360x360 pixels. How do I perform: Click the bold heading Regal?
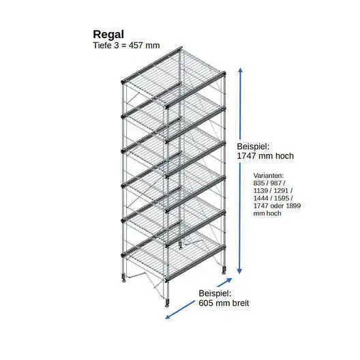(108, 35)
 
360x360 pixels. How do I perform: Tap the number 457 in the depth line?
(135, 45)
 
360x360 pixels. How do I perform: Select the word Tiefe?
(102, 45)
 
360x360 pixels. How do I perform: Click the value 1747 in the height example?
(246, 156)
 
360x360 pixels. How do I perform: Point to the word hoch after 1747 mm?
(285, 156)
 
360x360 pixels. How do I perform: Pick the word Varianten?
(269, 175)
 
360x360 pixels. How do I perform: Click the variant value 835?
(259, 183)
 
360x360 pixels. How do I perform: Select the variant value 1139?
(260, 190)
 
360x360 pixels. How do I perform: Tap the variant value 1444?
(260, 198)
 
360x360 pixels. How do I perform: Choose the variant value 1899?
(294, 205)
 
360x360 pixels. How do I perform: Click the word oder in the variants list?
(277, 205)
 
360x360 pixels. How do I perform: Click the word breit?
(241, 303)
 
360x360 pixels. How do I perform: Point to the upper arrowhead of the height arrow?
(241, 70)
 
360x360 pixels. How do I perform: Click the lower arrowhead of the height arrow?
(239, 271)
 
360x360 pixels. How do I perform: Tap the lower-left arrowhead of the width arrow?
(168, 317)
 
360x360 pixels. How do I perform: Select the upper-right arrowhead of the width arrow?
(229, 280)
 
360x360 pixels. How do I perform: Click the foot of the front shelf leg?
(167, 303)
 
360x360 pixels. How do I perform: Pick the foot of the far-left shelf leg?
(124, 278)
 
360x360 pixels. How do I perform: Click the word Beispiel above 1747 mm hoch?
(253, 146)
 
